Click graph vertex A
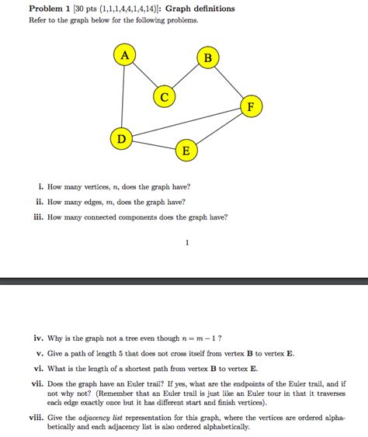coord(124,54)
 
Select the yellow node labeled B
coord(207,58)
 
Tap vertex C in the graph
coord(165,96)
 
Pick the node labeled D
coord(120,139)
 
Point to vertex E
coord(185,151)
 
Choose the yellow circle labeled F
coord(251,106)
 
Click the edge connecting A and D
coord(122,97)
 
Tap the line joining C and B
coord(186,78)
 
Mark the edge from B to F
coord(229,82)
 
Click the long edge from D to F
coord(186,123)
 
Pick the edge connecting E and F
coord(218,128)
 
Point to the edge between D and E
coord(153,145)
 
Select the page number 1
coord(187,242)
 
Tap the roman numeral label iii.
coord(37,217)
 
